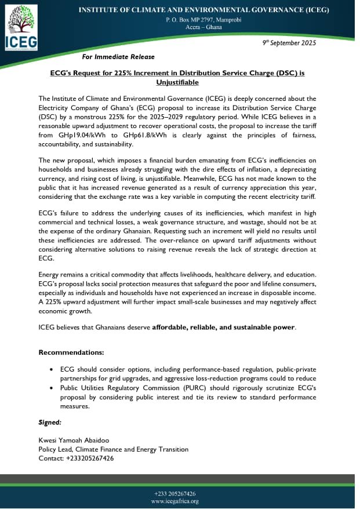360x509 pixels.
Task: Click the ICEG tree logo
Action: (x=21, y=27)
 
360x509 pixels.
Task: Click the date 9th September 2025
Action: (x=289, y=43)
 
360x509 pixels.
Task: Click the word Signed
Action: (x=49, y=423)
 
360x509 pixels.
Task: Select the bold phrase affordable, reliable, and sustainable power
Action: (x=224, y=328)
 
